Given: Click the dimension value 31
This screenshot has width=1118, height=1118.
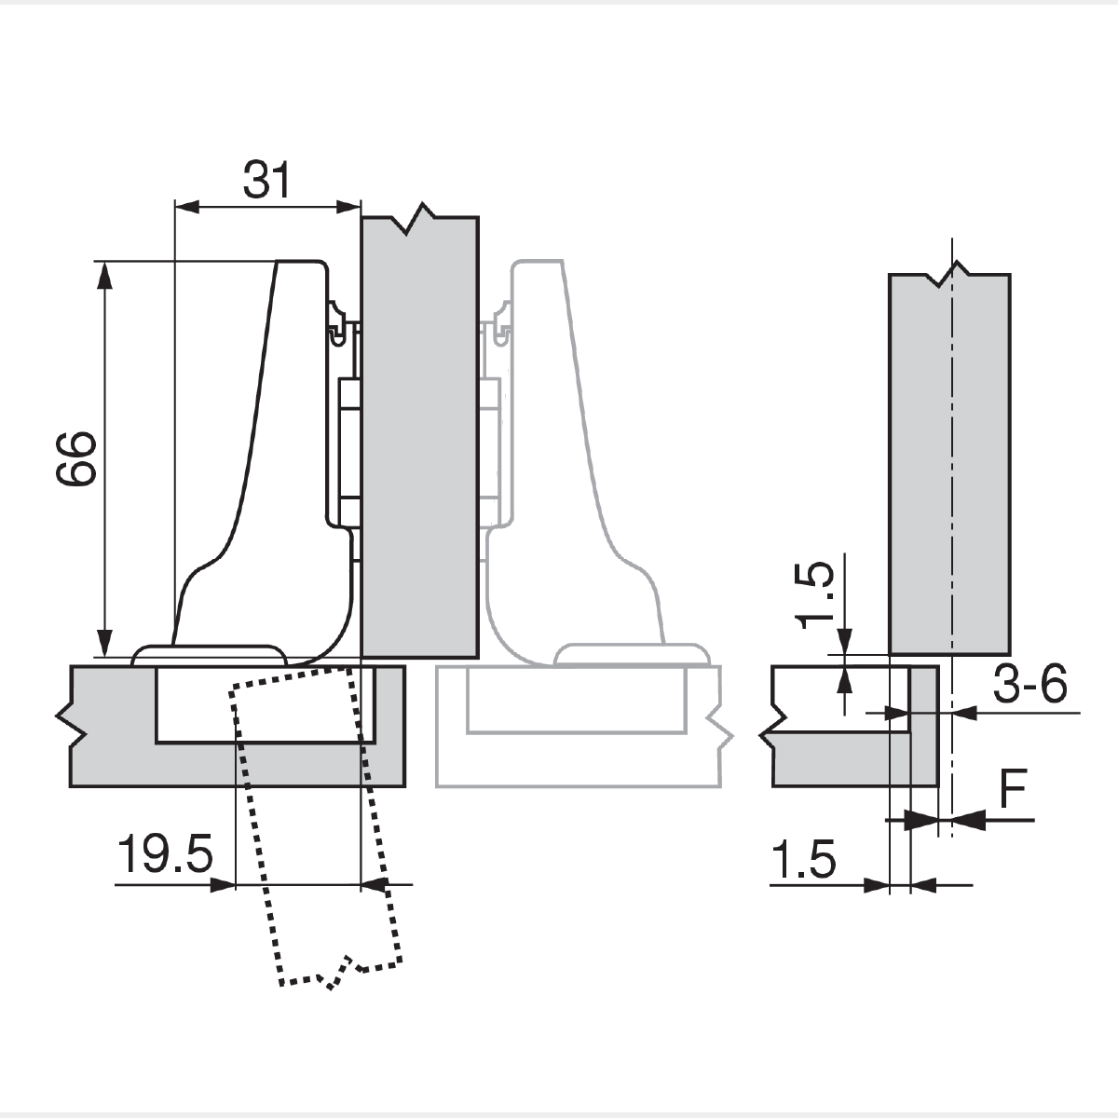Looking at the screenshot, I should coord(267,180).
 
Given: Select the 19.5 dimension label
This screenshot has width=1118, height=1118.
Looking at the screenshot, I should coord(165,854).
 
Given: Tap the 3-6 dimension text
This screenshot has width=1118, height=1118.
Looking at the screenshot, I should coord(1028,688).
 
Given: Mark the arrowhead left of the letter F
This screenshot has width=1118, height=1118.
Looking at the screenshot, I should coord(966,820).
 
